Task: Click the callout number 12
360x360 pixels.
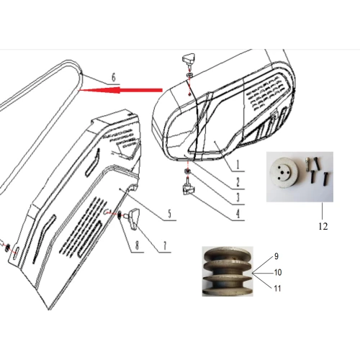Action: coord(322,225)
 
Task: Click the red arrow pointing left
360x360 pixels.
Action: coord(122,90)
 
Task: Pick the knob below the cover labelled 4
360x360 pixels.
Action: coord(189,189)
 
